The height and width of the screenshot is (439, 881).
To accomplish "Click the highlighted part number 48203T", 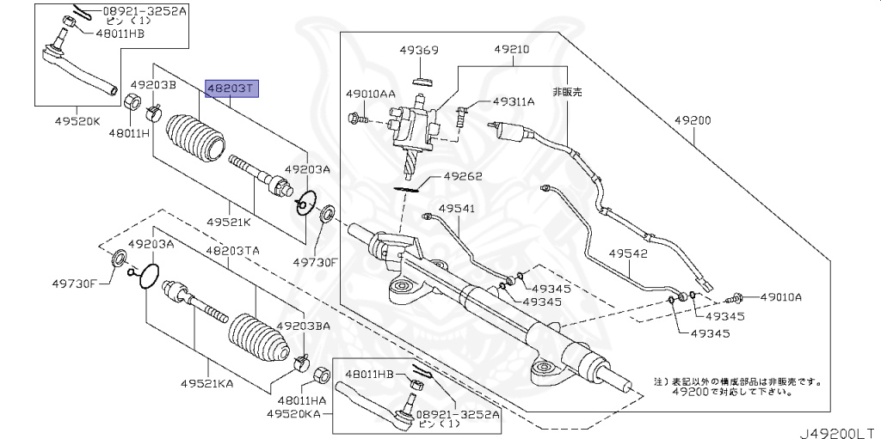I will coord(230,88).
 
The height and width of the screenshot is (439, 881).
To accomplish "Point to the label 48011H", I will coord(129,133).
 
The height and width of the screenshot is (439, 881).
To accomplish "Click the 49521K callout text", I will coord(228,222).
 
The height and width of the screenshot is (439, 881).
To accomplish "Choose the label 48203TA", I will coord(231,250).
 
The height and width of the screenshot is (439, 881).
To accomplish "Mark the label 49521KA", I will coord(207,383).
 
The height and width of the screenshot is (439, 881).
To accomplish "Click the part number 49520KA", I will coord(293,414).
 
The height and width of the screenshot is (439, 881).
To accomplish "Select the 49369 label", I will coord(419,51).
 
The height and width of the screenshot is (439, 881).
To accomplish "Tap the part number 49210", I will coord(513,51).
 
